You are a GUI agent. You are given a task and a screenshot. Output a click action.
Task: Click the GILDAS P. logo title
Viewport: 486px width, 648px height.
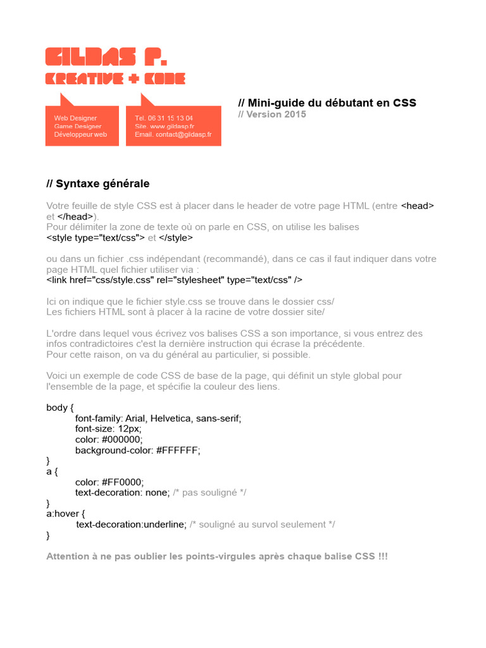point(106,57)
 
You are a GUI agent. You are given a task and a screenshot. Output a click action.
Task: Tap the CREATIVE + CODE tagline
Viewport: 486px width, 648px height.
point(115,78)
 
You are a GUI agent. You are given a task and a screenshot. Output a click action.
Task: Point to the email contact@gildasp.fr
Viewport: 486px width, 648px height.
point(184,135)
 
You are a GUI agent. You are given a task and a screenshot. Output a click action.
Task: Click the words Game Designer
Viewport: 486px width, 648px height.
point(78,127)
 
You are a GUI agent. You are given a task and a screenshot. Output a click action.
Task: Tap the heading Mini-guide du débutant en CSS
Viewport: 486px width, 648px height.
point(327,103)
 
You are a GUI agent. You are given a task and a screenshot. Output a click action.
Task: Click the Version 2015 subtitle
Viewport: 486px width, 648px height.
point(272,115)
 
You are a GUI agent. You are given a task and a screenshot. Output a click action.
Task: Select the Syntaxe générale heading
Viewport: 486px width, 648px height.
point(98,184)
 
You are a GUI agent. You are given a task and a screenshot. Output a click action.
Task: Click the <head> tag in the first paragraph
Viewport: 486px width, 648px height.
point(418,206)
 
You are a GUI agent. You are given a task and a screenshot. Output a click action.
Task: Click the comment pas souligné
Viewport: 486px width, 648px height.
point(209,492)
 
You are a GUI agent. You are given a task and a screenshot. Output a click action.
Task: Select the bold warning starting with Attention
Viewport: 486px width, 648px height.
point(217,557)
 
